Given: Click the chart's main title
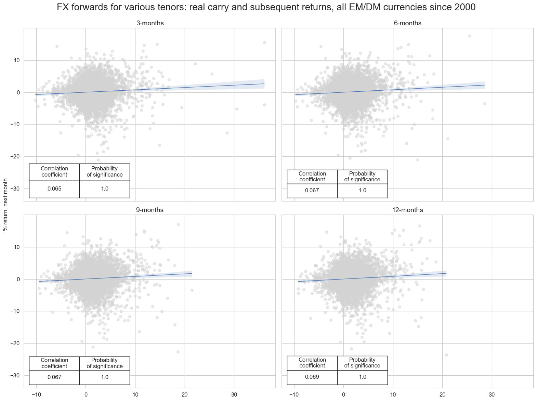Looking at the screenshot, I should click(x=266, y=8).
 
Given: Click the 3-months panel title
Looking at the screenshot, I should click(x=150, y=23).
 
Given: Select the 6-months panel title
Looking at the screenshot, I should click(x=407, y=23).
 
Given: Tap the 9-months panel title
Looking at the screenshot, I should click(x=150, y=210).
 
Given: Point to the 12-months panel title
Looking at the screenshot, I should click(x=407, y=210).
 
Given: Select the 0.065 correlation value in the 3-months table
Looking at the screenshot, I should click(x=54, y=189).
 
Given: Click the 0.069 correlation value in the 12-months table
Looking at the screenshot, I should click(x=312, y=377).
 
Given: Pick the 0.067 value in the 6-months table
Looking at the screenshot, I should click(x=312, y=191).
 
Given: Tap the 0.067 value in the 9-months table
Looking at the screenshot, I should click(x=54, y=377).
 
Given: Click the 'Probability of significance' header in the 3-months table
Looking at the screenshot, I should click(x=105, y=172).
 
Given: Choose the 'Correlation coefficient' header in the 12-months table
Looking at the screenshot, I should click(x=312, y=363).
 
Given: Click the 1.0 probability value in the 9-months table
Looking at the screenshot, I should click(x=105, y=377).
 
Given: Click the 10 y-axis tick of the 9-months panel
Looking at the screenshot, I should click(x=16, y=247).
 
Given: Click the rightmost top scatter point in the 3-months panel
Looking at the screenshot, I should click(x=264, y=42).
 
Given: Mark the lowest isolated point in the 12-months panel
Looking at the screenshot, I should click(x=446, y=355).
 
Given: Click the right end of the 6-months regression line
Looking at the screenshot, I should click(x=484, y=85).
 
